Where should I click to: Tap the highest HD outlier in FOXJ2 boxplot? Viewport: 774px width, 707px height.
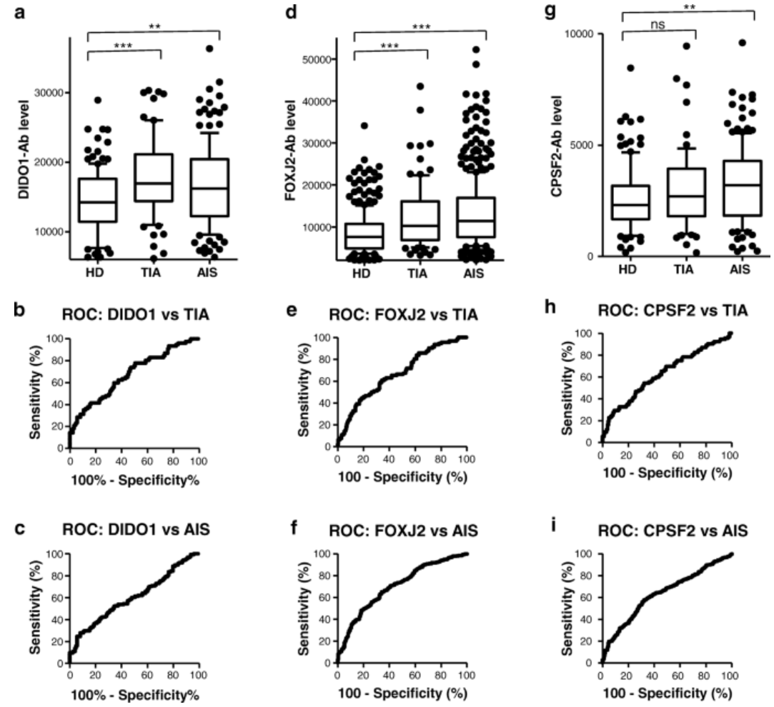tap(364, 126)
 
